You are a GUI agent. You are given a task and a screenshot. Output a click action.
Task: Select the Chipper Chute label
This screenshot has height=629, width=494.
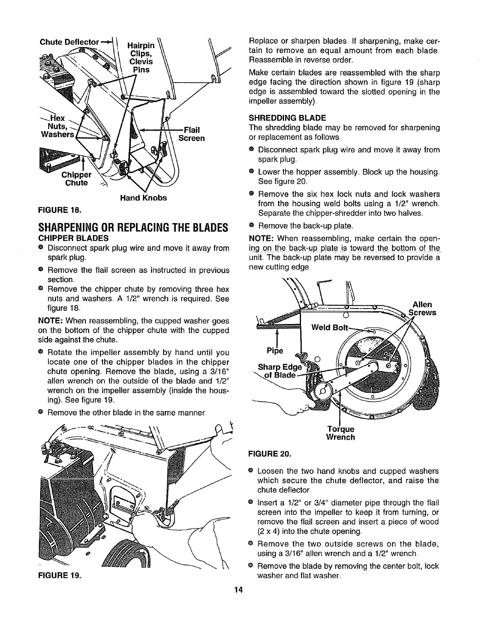(x=76, y=179)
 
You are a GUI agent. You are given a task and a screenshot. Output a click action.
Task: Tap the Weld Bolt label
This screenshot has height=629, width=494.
(x=329, y=328)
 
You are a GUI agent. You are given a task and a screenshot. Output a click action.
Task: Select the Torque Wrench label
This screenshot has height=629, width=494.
(x=340, y=433)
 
